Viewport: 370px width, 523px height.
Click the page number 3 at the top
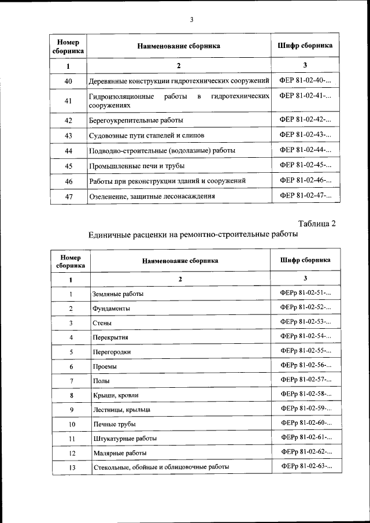click(x=191, y=20)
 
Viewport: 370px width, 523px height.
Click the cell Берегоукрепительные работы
click(x=136, y=121)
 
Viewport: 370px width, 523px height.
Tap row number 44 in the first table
click(x=68, y=151)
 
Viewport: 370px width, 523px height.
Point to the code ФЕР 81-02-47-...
click(x=305, y=196)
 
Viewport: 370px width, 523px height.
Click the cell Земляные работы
click(x=117, y=294)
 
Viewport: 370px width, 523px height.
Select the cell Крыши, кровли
click(x=115, y=395)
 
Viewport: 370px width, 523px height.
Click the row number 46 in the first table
click(x=68, y=181)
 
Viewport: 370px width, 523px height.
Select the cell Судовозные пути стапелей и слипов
click(x=147, y=136)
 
